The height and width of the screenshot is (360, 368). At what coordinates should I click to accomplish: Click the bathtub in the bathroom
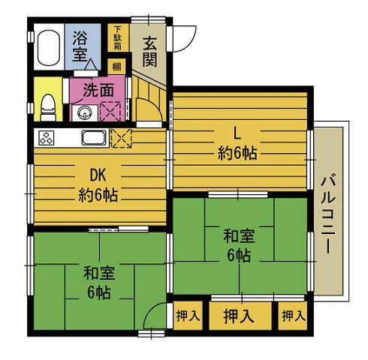(x=50, y=48)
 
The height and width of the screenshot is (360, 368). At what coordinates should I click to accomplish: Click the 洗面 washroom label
(x=98, y=89)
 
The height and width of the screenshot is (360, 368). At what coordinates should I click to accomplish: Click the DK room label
(x=97, y=175)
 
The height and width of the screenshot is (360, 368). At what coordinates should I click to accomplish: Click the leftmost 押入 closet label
(x=187, y=316)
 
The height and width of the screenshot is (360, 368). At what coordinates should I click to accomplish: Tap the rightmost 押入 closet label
(x=293, y=316)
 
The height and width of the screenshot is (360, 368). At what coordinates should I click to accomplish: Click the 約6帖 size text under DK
(x=97, y=196)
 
